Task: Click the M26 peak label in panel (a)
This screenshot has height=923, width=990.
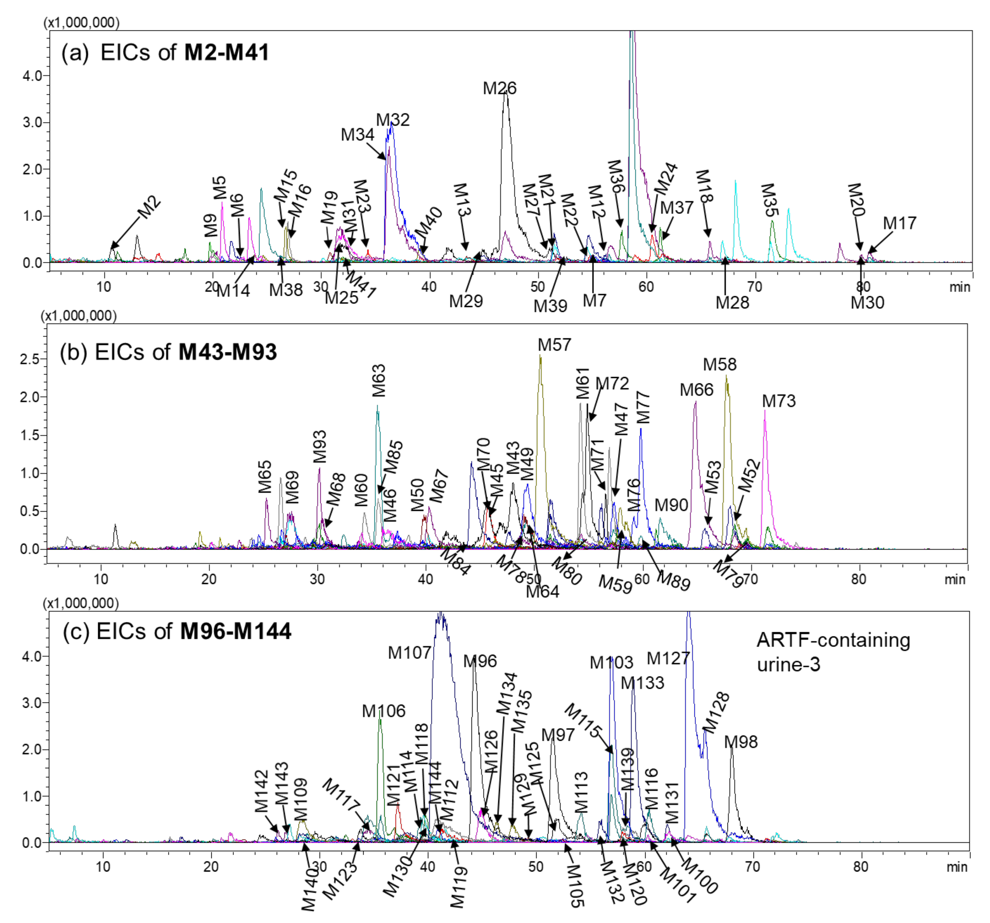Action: (500, 88)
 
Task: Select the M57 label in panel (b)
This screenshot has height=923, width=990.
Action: (554, 345)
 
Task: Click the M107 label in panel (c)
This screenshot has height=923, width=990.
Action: (409, 653)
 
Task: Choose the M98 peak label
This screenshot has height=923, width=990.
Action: (740, 742)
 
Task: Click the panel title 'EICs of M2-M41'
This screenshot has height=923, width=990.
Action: (184, 52)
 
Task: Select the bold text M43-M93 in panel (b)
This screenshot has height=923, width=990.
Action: (228, 352)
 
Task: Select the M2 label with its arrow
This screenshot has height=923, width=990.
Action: (148, 208)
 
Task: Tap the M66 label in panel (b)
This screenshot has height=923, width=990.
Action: (696, 390)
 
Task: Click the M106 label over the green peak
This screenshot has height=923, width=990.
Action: (383, 711)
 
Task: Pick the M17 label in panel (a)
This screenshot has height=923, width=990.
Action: (900, 223)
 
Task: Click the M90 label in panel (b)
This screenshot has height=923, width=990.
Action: (671, 505)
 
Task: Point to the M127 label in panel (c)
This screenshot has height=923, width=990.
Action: (668, 659)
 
